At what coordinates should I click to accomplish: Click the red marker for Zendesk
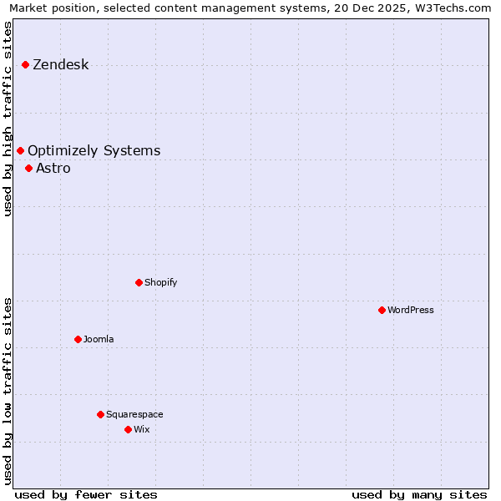click(25, 64)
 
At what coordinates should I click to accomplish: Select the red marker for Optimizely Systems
click(20, 150)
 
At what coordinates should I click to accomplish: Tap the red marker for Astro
click(28, 168)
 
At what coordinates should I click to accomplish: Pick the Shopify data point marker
click(139, 282)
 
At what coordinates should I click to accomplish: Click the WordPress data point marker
click(382, 310)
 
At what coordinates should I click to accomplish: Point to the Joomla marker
click(78, 339)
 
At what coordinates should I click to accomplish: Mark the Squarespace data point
click(100, 414)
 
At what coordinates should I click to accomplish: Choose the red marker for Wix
click(128, 429)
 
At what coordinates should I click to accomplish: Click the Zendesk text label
click(60, 65)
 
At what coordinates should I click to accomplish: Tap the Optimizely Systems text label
click(94, 151)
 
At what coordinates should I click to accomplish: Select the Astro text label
click(53, 169)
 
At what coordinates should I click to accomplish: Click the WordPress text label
click(410, 311)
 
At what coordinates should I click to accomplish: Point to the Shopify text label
click(160, 283)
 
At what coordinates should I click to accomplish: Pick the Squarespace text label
click(134, 415)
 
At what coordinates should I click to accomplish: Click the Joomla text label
click(99, 340)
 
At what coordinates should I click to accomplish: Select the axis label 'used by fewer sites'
click(86, 494)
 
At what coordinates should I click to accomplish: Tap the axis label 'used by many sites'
click(419, 494)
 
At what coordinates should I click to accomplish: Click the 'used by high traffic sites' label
click(8, 119)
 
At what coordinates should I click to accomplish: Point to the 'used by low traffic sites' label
click(8, 391)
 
